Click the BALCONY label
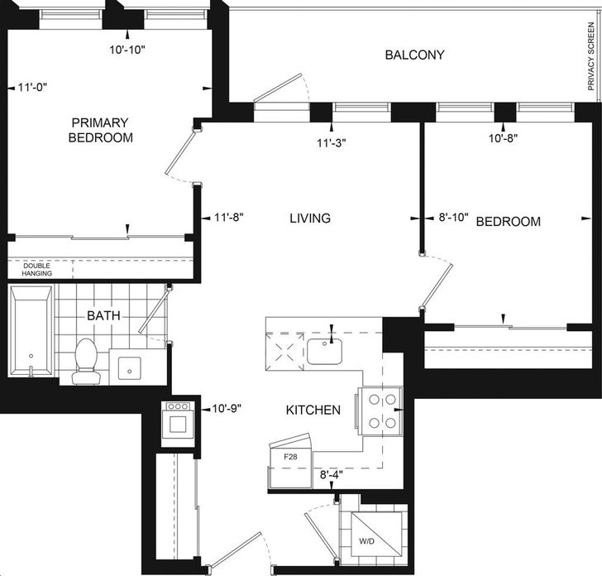(x=414, y=55)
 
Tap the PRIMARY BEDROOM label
(x=101, y=130)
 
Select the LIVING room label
(x=310, y=218)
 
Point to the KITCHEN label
(x=313, y=410)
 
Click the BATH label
(x=103, y=316)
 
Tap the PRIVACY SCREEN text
(x=591, y=56)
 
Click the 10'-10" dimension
(x=127, y=50)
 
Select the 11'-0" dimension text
(x=32, y=88)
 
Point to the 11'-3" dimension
(x=332, y=143)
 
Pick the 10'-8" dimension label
(x=504, y=138)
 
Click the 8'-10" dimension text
(x=454, y=218)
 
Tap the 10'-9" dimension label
(x=227, y=409)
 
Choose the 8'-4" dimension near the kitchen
(x=332, y=474)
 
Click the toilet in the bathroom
(x=85, y=361)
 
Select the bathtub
(x=31, y=331)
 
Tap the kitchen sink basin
(x=324, y=351)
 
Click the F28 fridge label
(x=290, y=457)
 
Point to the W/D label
(x=366, y=541)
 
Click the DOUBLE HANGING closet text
(x=37, y=270)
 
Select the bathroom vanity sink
(x=129, y=368)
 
